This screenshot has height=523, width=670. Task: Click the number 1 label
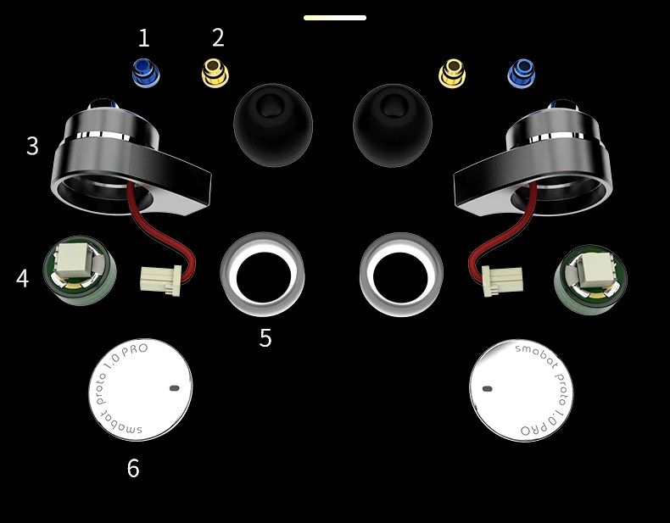[x=144, y=37]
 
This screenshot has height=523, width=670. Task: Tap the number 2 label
[x=218, y=37]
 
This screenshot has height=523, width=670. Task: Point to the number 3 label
[x=32, y=146]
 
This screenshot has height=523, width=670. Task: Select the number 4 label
[x=22, y=278]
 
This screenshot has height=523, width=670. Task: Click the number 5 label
[x=265, y=337]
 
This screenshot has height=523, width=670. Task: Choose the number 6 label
[x=133, y=469]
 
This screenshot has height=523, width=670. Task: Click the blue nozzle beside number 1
[x=146, y=72]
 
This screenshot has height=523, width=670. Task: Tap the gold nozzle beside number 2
[x=215, y=73]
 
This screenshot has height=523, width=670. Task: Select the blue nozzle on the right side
[x=522, y=73]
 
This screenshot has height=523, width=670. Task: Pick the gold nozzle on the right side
[x=452, y=73]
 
